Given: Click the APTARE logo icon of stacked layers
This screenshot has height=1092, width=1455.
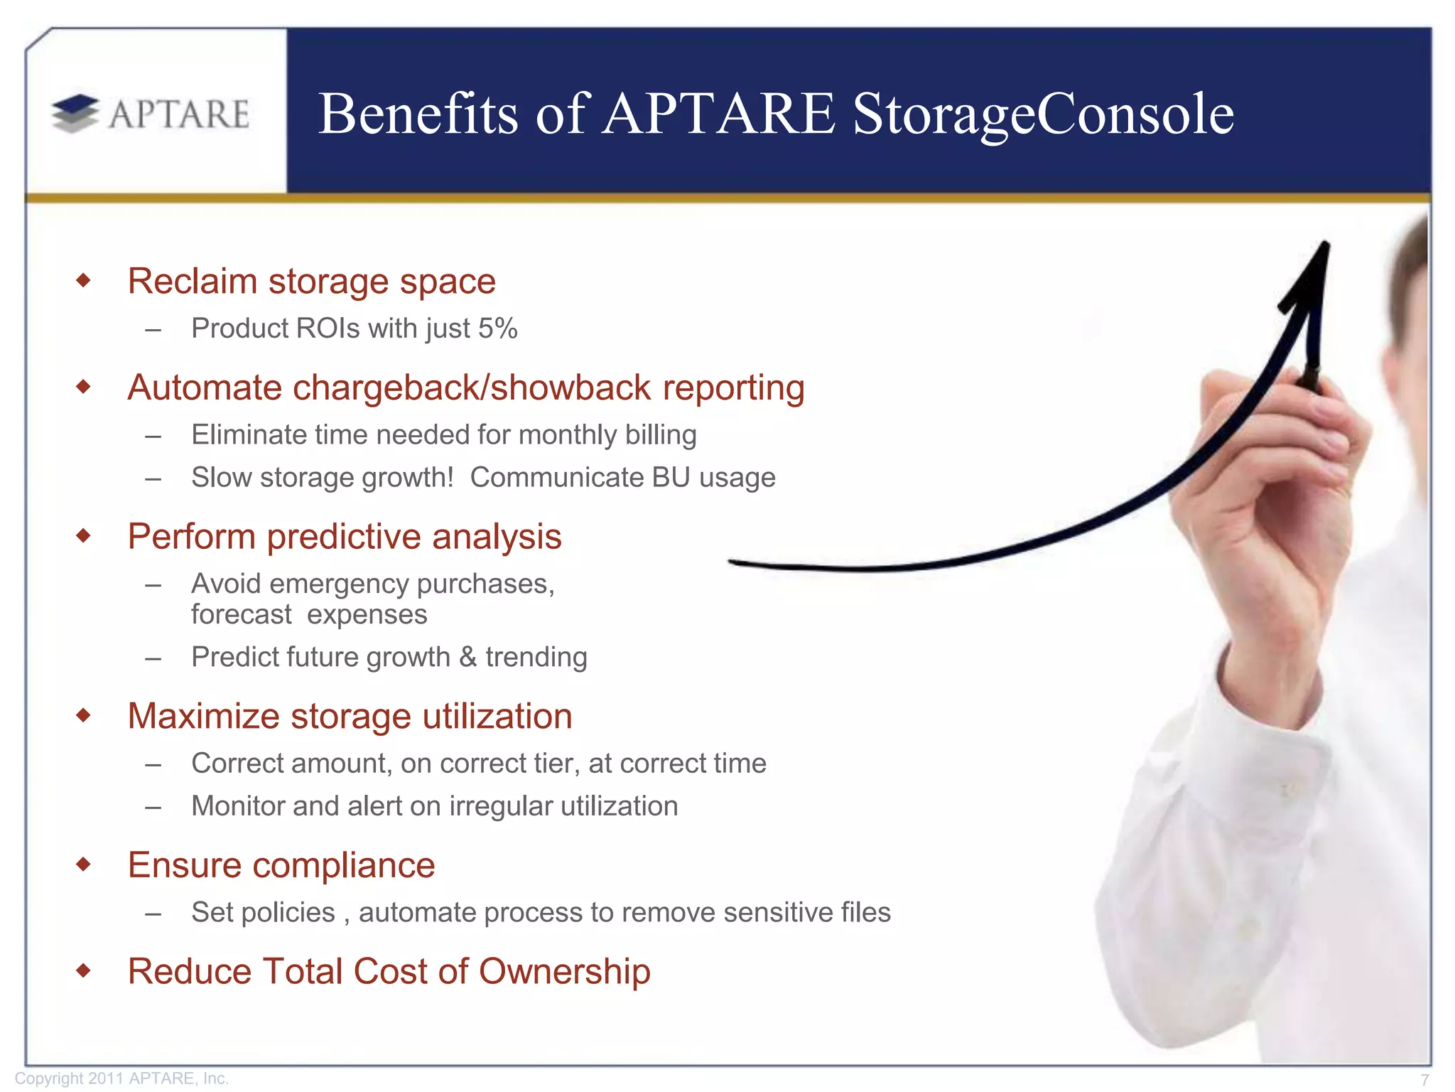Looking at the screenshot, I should [x=75, y=114].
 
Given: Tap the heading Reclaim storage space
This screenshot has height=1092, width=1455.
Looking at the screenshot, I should [x=311, y=282].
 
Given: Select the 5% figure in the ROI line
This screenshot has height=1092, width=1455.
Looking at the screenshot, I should [x=497, y=328].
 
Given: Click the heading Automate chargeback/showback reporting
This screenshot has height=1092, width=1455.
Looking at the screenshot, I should [x=466, y=388].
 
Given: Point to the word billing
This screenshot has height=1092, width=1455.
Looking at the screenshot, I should [x=661, y=435].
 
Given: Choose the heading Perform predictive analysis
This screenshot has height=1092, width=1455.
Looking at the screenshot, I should [x=345, y=537].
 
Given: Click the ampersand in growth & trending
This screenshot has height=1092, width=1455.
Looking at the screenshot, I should [x=467, y=657].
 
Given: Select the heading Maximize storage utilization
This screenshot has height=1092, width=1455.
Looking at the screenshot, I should [x=350, y=717].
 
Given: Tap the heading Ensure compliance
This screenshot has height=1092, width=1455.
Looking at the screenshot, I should [x=281, y=866].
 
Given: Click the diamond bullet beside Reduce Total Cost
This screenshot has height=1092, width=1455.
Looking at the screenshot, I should [x=84, y=970].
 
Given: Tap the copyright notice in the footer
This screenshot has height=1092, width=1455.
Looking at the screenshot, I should [x=121, y=1078].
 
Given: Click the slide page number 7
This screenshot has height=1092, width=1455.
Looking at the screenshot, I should [x=1424, y=1079].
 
